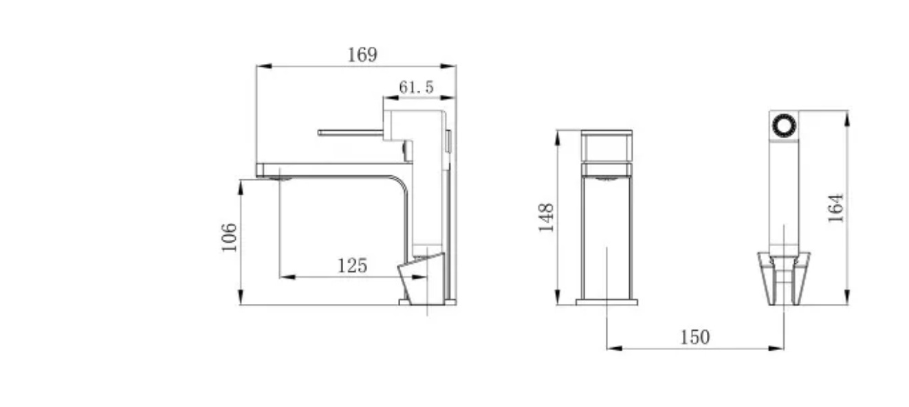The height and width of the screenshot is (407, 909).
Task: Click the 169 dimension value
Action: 362,55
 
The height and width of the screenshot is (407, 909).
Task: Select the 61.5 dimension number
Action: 417,87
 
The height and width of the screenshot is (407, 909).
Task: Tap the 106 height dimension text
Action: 229,237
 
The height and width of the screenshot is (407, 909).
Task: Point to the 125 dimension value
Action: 352,266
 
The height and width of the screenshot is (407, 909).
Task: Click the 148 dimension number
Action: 546,217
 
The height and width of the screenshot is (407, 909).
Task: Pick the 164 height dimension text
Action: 835,208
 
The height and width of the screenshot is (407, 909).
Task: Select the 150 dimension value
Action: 694,337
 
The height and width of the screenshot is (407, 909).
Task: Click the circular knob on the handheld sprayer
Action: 784,126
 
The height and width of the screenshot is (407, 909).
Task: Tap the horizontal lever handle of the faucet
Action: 351,133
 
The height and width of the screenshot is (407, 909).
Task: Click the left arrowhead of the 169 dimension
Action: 264,66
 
